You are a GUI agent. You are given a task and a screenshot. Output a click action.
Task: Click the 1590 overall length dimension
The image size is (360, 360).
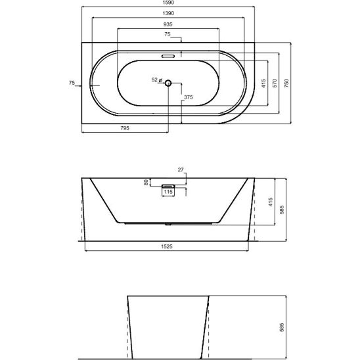coord(168,3)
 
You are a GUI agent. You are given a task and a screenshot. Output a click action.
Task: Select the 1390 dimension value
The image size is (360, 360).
coord(168,13)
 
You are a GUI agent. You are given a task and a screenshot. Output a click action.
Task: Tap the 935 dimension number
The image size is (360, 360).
coord(168,24)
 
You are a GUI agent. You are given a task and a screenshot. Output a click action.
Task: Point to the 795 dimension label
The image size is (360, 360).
coord(125,128)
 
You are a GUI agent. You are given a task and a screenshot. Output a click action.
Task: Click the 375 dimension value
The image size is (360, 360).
coord(189,97)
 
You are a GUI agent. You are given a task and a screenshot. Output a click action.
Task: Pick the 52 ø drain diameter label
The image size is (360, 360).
coord(157,80)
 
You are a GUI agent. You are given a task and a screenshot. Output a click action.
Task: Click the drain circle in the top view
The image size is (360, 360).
coord(168,83)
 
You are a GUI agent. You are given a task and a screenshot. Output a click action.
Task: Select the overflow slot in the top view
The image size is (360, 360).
coord(168,56)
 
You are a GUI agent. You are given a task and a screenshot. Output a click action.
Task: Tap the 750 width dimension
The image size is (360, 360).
coord(286,83)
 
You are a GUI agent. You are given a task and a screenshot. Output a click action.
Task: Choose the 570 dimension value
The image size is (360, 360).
coord(275,83)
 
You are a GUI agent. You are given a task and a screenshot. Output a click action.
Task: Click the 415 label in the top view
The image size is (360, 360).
coord(263,83)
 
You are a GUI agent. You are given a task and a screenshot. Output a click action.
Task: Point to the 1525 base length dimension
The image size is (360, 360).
coord(167,246)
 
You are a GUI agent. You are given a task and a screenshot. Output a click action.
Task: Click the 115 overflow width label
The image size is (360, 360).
coord(168,192)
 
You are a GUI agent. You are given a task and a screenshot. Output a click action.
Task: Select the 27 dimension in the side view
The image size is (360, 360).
coord(181,169)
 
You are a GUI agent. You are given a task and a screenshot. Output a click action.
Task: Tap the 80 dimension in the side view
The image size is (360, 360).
coord(146,183)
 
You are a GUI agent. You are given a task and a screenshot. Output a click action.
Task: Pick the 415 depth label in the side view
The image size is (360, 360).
coord(271,202)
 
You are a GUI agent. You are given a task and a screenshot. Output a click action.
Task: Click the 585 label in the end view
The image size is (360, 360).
coord(282,327)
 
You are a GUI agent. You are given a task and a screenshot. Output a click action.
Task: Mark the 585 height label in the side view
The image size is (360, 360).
coord(282,210)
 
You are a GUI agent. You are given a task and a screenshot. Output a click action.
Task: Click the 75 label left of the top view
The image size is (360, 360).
coord(72,83)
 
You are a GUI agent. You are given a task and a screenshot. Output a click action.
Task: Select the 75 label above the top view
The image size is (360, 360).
coord(168,34)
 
